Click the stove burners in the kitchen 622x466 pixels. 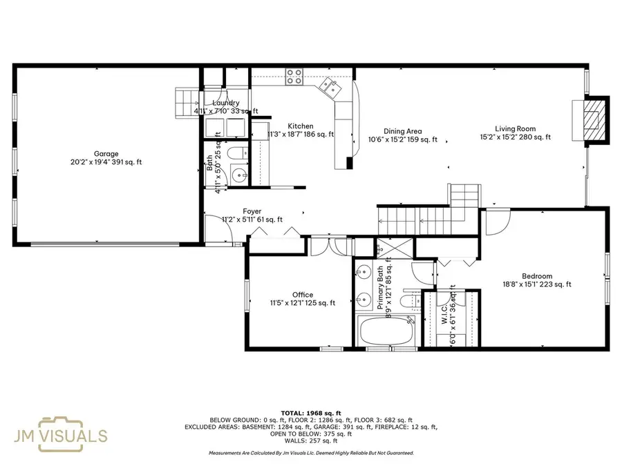(x=294, y=75)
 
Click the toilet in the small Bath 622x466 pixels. (x=236, y=153)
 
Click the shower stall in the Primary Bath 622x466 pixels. (x=383, y=246)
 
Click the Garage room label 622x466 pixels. (x=106, y=154)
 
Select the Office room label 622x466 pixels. (x=303, y=295)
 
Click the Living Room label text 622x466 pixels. (x=515, y=128)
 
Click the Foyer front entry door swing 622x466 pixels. (x=215, y=228)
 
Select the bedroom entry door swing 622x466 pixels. (x=496, y=221)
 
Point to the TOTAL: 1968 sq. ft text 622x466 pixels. (x=310, y=412)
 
